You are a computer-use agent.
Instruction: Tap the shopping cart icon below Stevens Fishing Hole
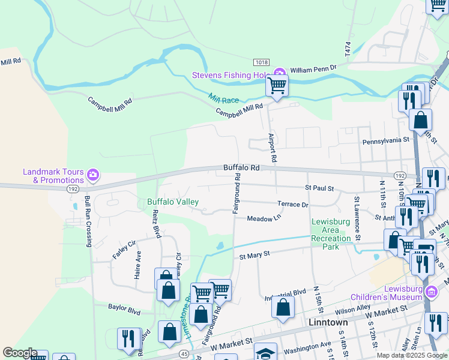(277, 85)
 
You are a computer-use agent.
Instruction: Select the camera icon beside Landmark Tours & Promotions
(93, 175)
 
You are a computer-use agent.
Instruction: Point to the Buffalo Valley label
(173, 202)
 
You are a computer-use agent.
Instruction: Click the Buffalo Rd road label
(241, 168)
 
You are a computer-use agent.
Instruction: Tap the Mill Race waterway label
(223, 98)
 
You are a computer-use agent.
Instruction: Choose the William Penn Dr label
(315, 70)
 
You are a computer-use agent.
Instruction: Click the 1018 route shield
(261, 62)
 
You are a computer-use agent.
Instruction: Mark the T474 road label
(348, 49)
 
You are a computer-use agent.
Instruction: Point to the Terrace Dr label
(292, 204)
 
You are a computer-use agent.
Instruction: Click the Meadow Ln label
(265, 218)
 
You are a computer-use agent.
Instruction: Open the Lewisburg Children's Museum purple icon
(431, 292)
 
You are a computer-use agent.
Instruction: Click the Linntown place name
(328, 322)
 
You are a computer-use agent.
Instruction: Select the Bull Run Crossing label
(88, 221)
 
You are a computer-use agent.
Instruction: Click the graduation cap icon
(265, 352)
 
